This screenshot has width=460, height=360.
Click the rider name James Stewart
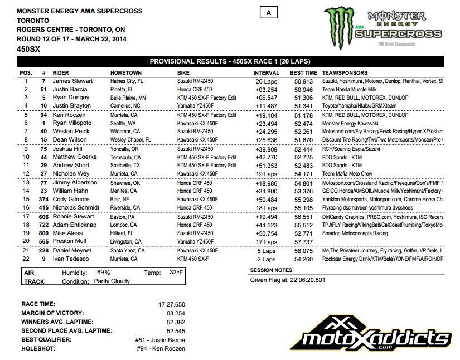[72, 81]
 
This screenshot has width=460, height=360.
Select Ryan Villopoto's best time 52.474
[304, 123]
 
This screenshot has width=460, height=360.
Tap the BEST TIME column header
[304, 73]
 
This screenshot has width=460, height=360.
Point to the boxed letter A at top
[269, 13]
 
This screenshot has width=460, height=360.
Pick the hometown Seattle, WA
[125, 123]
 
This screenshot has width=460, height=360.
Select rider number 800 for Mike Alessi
[43, 233]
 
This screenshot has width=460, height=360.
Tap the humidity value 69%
[104, 273]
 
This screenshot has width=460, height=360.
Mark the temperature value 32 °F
[177, 273]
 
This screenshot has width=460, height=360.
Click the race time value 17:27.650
[171, 304]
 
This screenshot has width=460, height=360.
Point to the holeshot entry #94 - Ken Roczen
[160, 348]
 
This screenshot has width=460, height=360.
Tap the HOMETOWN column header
[126, 73]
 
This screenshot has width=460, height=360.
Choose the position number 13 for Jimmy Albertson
[26, 182]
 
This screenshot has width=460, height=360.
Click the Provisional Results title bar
[230, 61]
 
